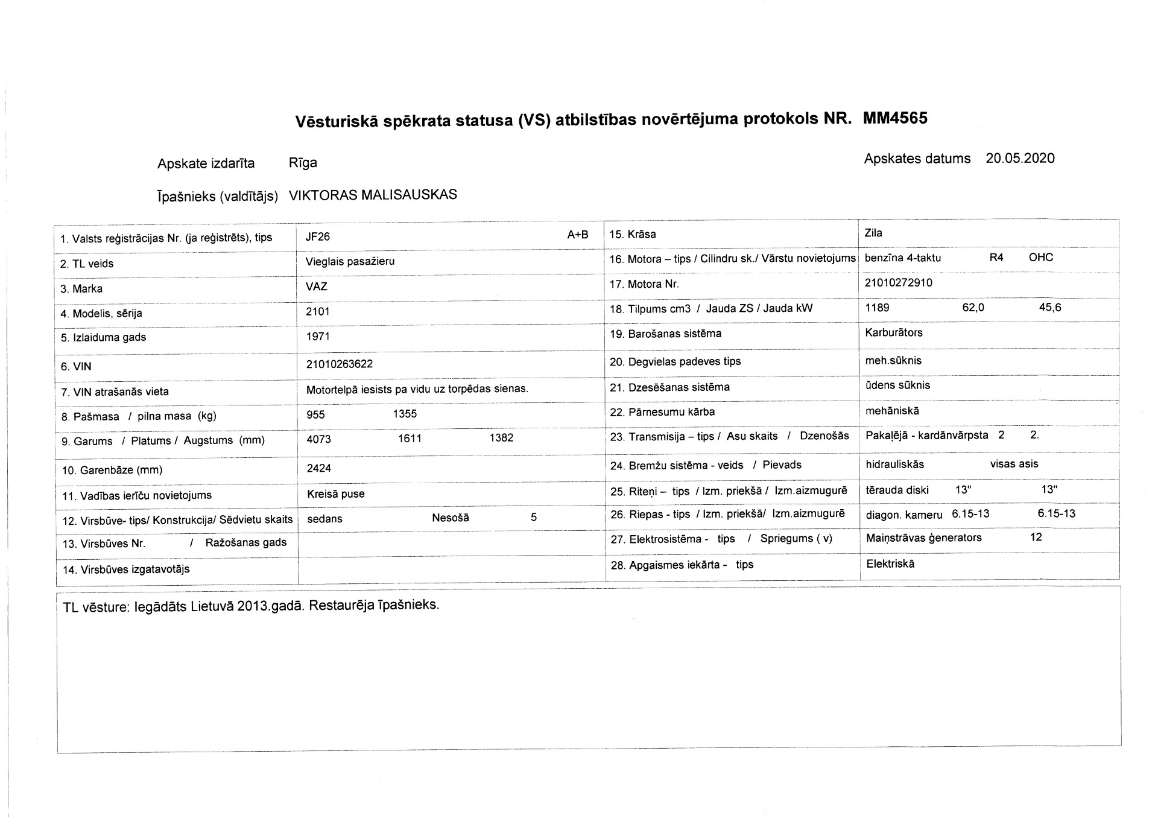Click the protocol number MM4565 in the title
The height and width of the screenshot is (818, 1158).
[895, 118]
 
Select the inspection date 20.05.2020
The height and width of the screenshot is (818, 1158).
[1020, 159]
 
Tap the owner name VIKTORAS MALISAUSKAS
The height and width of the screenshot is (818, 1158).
[373, 195]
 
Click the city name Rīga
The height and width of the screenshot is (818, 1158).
[303, 163]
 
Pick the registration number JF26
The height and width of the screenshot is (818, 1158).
[318, 237]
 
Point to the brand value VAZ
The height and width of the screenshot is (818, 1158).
[317, 287]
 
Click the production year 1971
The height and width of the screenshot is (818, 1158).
[318, 337]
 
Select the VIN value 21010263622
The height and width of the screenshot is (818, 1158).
[339, 364]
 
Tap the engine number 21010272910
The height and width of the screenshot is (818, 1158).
[898, 283]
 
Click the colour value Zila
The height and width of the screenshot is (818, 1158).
[873, 233]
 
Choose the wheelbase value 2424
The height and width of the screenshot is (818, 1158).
[318, 468]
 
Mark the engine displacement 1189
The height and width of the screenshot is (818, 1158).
[877, 308]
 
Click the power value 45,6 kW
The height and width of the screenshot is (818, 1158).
[1050, 308]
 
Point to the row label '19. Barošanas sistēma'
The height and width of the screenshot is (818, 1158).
[665, 334]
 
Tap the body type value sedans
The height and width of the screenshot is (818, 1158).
[324, 519]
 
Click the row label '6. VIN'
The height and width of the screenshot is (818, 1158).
[76, 366]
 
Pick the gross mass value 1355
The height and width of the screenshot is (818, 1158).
[405, 414]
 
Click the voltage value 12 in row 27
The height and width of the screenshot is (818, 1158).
[1036, 537]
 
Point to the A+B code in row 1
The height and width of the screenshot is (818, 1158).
[577, 235]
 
